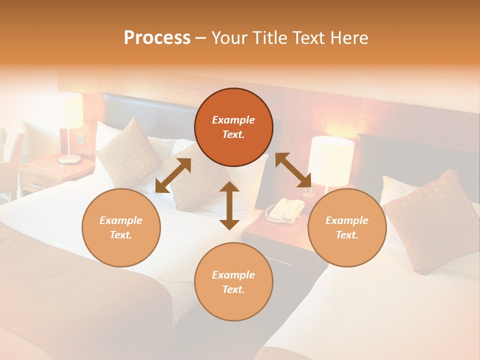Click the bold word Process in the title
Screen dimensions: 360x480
[157, 38]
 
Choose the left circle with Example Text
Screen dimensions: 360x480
[121, 227]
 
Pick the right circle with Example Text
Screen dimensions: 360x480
[347, 227]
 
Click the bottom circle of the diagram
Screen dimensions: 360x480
[233, 282]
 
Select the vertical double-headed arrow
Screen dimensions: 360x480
[229, 205]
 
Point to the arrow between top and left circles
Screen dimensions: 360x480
[173, 175]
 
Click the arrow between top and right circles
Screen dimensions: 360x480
[293, 170]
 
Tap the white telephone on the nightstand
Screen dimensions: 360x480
[285, 209]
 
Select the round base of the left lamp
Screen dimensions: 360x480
[69, 159]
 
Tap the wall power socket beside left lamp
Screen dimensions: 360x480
[80, 138]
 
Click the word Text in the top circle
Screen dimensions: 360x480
[233, 135]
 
